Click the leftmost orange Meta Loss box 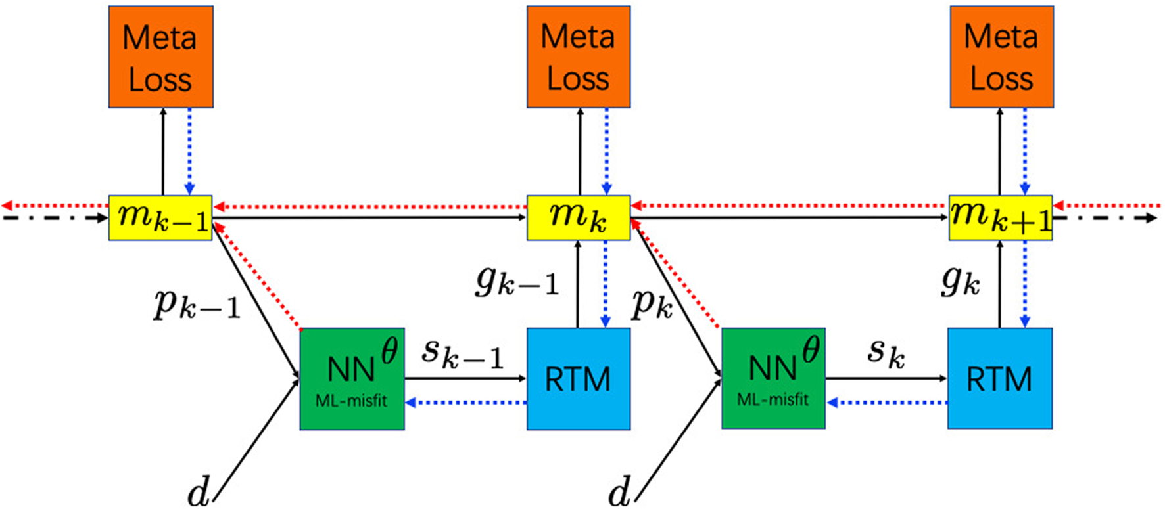[x=160, y=57]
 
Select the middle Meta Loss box [x=579, y=57]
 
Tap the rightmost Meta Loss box [x=1001, y=57]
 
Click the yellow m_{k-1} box [x=160, y=217]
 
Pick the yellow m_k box [x=579, y=217]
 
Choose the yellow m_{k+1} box [x=1000, y=217]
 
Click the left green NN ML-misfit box [x=352, y=379]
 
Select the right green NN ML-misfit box [x=773, y=379]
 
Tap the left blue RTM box [x=579, y=379]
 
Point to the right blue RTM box [x=999, y=379]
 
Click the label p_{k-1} [x=197, y=304]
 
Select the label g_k [x=961, y=280]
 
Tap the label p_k [x=652, y=303]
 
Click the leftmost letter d [x=199, y=491]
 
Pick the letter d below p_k [x=619, y=491]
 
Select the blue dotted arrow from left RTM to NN [x=465, y=402]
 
